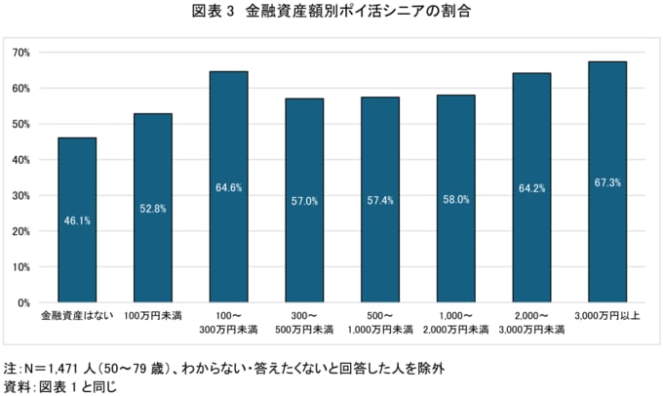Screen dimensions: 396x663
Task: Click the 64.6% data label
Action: tap(228, 187)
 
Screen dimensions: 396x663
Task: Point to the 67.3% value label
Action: tap(607, 183)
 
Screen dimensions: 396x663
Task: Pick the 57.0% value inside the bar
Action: tap(304, 200)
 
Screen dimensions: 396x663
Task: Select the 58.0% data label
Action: tap(456, 199)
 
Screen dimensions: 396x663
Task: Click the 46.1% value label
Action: tap(77, 220)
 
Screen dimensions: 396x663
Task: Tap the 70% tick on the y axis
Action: tap(21, 52)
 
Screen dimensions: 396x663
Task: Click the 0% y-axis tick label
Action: tap(24, 302)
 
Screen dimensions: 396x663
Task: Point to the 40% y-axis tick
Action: tap(21, 159)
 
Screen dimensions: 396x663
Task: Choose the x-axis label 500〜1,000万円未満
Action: tap(380, 323)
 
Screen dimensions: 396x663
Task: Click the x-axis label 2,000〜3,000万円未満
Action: tap(531, 323)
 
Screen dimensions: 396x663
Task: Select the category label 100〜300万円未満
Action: tap(228, 323)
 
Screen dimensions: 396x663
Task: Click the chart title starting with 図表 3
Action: tap(331, 14)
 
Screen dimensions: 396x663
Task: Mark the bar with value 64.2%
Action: tap(531, 187)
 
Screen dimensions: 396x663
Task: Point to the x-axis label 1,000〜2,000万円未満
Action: tap(456, 323)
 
